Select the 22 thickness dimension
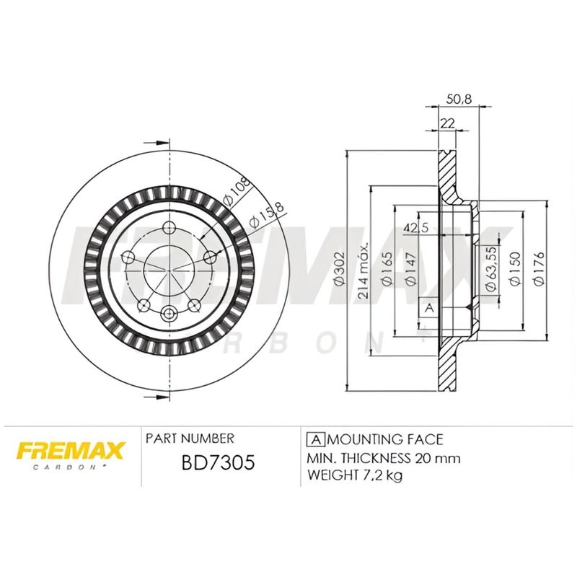click(446, 123)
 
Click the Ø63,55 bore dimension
click(490, 269)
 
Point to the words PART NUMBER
click(190, 439)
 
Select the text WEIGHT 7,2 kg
click(355, 475)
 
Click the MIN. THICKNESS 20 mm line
click(384, 457)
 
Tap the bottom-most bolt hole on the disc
click(169, 313)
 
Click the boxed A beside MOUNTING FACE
click(314, 439)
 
